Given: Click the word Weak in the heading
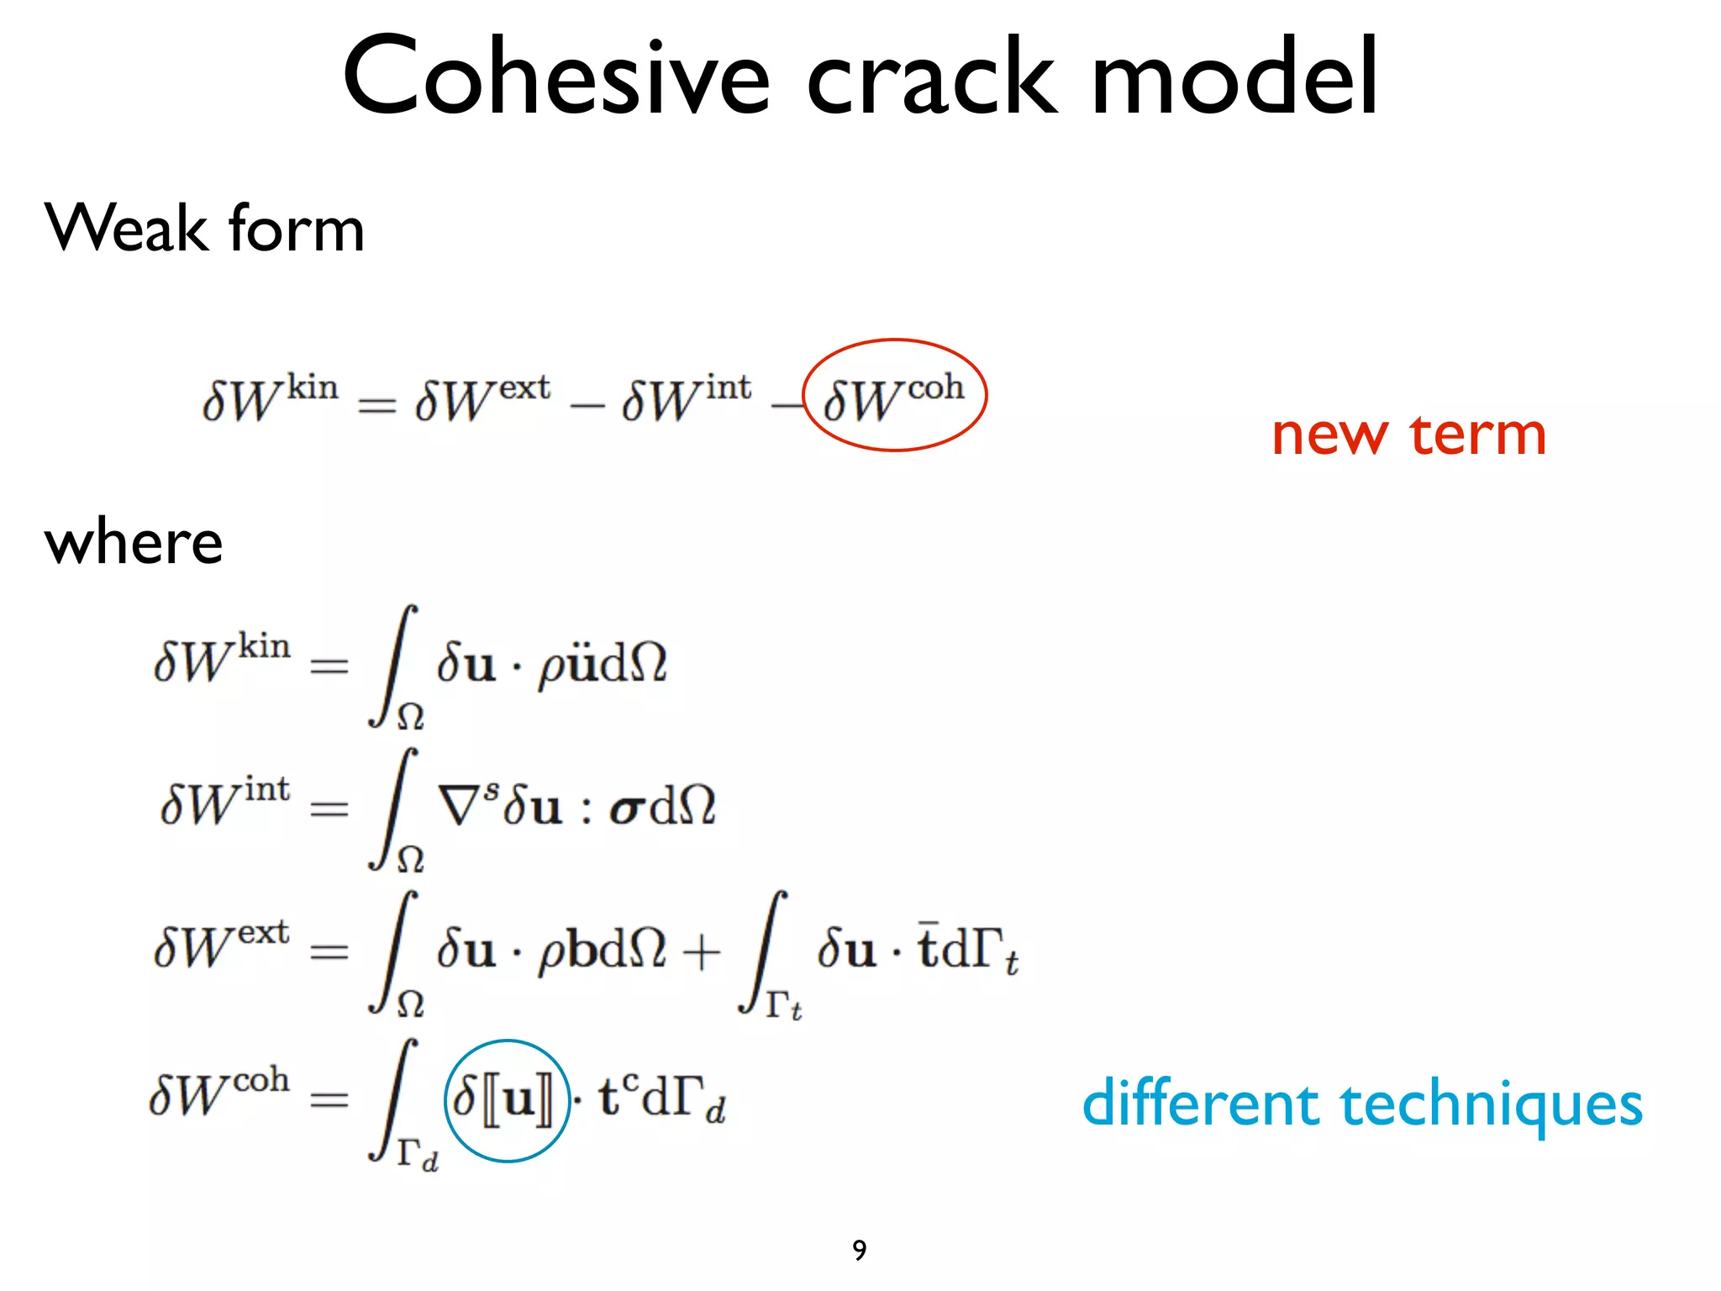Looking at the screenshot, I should pyautogui.click(x=127, y=228).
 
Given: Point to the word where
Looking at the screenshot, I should pyautogui.click(x=133, y=542).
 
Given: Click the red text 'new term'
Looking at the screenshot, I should pyautogui.click(x=1408, y=435).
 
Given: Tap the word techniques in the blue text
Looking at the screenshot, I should pyautogui.click(x=1492, y=1105).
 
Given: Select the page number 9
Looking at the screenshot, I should pyautogui.click(x=859, y=1250).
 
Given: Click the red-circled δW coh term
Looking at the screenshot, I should pyautogui.click(x=894, y=397).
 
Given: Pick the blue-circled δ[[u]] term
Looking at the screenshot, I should pyautogui.click(x=506, y=1100).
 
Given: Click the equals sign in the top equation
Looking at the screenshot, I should pyautogui.click(x=376, y=405).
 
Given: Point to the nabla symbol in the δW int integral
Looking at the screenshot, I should pyautogui.click(x=459, y=805).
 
